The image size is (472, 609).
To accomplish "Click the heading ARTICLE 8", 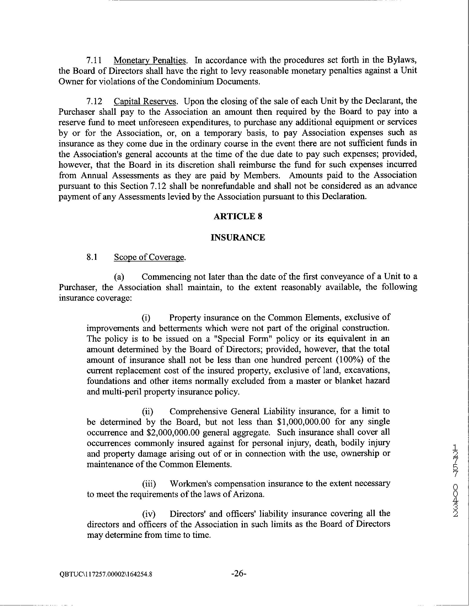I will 238,217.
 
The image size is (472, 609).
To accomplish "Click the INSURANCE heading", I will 238,237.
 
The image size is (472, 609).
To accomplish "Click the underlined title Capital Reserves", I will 145,101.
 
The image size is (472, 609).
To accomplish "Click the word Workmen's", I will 191,484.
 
